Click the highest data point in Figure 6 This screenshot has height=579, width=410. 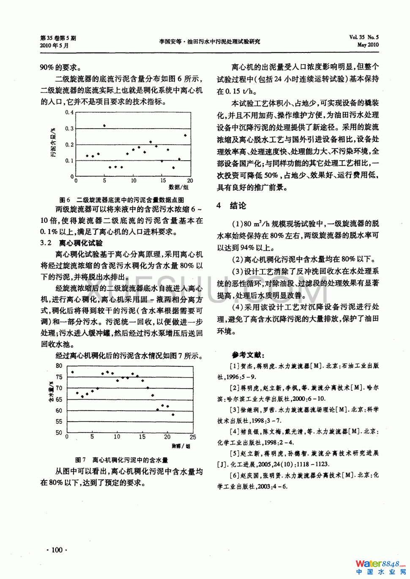click(104, 126)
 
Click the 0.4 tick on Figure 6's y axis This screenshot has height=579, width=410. click(69, 113)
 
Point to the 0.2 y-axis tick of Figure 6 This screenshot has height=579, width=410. click(69, 145)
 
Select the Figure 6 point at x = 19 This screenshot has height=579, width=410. click(185, 135)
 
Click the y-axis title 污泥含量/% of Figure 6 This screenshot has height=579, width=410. click(54, 143)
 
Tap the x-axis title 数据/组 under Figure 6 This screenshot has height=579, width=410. click(178, 187)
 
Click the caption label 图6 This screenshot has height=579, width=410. click(65, 200)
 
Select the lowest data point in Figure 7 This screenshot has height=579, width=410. click(173, 414)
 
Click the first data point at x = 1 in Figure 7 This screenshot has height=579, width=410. click(72, 372)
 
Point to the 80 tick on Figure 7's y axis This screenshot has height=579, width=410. click(59, 366)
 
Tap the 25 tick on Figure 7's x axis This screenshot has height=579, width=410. click(193, 437)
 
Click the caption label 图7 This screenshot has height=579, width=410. click(80, 460)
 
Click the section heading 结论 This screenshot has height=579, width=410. click(238, 206)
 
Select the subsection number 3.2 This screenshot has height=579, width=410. click(46, 243)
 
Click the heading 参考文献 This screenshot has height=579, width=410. click(248, 355)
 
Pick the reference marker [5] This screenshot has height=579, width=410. click(235, 453)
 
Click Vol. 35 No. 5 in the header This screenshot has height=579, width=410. click(364, 37)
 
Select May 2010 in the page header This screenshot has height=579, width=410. click(368, 45)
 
